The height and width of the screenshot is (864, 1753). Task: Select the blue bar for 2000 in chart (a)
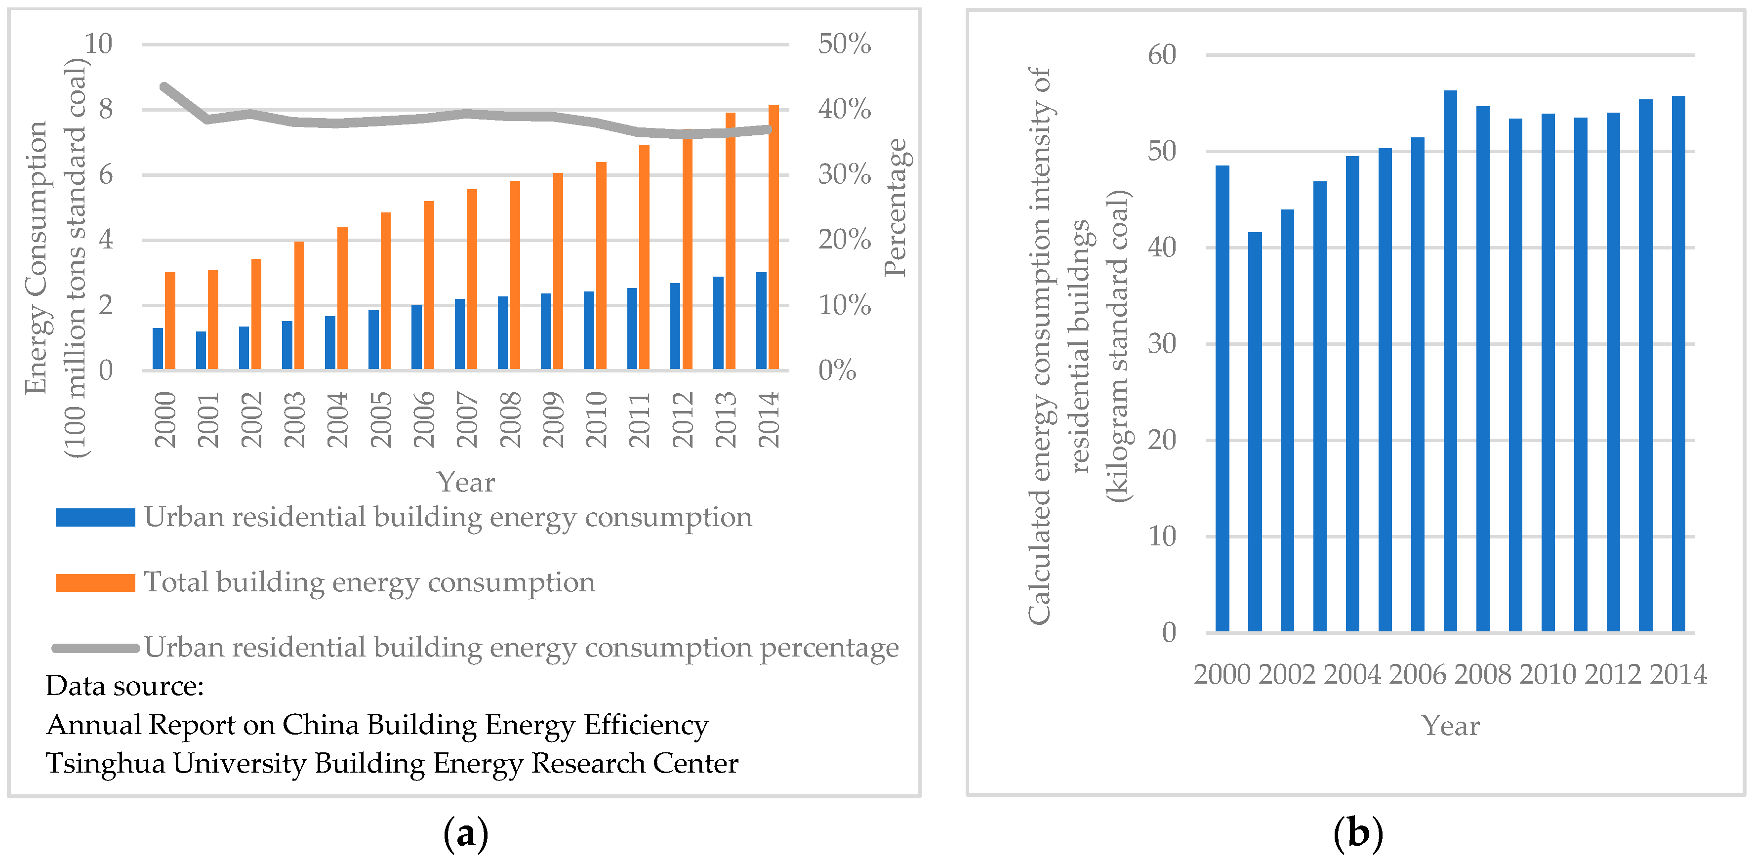pos(158,349)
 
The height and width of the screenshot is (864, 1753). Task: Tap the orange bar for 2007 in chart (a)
pos(472,279)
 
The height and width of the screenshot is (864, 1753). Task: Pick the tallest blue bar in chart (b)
pos(1450,361)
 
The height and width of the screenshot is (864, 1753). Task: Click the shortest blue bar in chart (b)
pos(1255,432)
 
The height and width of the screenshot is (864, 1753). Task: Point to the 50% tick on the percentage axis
pos(844,44)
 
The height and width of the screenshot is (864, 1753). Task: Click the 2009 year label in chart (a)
pos(553,419)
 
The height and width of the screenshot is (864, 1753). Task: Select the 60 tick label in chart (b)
pos(1162,55)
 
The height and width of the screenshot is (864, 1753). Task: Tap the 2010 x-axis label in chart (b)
pos(1548,674)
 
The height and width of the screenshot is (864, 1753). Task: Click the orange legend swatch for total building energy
pos(95,583)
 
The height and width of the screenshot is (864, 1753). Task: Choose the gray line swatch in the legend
pos(95,648)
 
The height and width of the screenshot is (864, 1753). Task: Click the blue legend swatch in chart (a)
pos(95,517)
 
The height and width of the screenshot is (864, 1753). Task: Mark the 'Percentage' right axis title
pos(896,207)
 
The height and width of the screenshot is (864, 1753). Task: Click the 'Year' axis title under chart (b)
pos(1450,726)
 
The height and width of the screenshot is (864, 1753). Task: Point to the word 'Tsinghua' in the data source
pos(106,764)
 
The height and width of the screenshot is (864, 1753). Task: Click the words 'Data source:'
pos(124,686)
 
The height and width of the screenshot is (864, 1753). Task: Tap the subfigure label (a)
pos(465,833)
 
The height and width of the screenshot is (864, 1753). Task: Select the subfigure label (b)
pos(1358,833)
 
